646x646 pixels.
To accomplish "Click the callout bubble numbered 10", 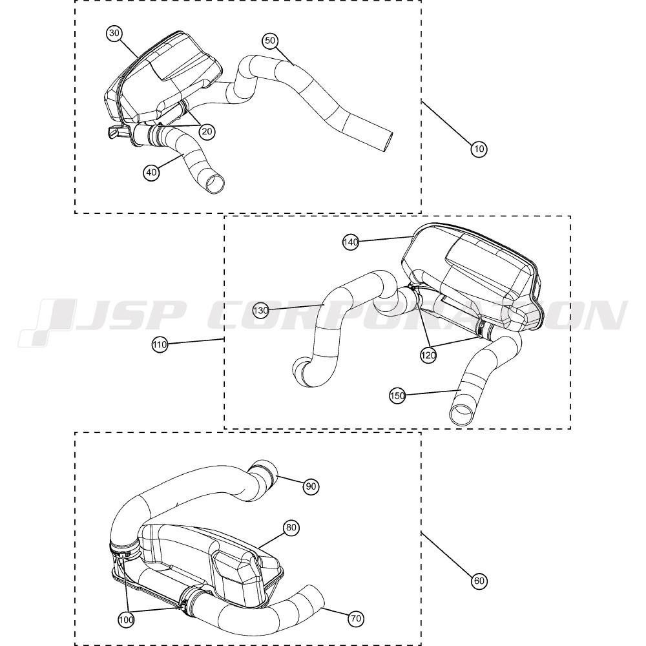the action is [479, 149].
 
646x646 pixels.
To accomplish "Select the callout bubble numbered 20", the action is [207, 131].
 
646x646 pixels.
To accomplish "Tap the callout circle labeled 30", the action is [114, 34].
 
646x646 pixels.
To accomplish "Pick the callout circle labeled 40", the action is [151, 172].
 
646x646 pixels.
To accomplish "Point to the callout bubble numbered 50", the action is [270, 40].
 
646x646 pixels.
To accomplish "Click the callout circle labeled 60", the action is [479, 581].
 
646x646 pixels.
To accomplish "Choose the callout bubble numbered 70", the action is [356, 618].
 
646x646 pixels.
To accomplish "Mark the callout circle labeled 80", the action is [291, 527].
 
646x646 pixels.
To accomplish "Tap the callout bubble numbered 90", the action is [311, 486].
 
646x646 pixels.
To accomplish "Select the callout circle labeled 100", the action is [126, 620].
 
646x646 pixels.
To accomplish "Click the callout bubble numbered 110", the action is [160, 344].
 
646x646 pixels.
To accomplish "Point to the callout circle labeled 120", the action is [428, 355].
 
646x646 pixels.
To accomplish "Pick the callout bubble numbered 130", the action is [260, 310].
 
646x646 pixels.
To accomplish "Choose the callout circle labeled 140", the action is [351, 242].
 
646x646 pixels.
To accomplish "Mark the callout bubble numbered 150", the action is [397, 395].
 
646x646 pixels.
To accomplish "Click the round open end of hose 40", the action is [216, 183].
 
